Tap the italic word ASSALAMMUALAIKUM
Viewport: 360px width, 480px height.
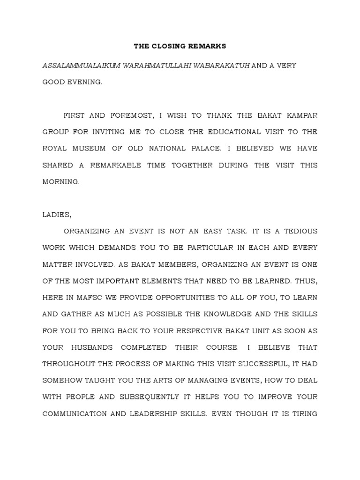[x=81, y=65]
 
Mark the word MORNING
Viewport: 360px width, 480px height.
[x=61, y=181]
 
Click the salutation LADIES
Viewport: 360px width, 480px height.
[x=57, y=215]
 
